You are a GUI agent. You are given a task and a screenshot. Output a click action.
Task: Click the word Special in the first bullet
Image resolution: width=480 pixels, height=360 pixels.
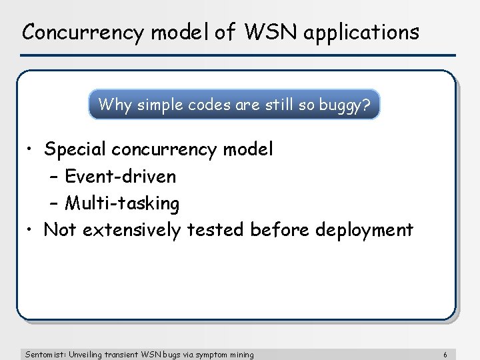(75, 150)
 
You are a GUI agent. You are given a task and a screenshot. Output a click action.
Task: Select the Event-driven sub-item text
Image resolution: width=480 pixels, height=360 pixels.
(120, 177)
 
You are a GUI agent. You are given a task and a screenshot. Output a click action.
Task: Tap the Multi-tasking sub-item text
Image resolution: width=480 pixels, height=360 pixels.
(122, 203)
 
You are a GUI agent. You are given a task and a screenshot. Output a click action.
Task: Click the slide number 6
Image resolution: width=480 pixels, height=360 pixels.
(454, 355)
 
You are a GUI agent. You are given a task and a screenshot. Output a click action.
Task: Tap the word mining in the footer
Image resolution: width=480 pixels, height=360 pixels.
(241, 355)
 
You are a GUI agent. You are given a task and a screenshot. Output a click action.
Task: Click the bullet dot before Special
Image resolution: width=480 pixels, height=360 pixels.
(31, 150)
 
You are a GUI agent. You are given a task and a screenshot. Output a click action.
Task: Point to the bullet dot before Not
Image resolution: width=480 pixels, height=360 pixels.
(31, 230)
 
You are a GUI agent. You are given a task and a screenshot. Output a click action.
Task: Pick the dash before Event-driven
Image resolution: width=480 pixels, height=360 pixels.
(54, 177)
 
